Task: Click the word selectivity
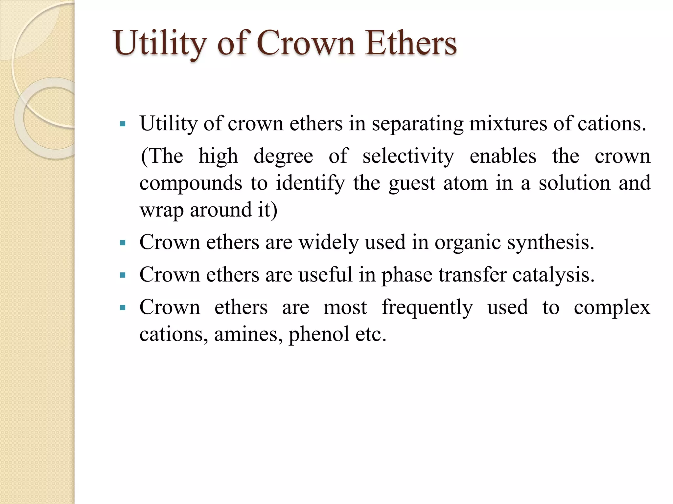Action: (408, 157)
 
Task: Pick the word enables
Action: (503, 156)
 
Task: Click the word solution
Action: (574, 183)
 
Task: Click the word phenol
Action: (319, 335)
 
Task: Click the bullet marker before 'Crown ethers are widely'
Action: (123, 243)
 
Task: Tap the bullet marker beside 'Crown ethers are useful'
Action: (123, 275)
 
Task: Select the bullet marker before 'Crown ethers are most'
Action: (123, 308)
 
